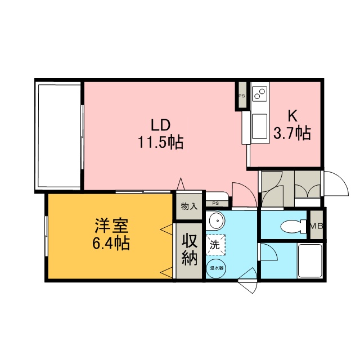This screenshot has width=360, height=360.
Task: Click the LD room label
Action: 160,125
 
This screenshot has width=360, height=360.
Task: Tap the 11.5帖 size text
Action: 160,142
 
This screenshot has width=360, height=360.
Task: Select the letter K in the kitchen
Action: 292,116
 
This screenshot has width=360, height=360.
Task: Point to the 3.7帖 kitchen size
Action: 292,133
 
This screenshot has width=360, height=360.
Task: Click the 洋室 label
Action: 112,226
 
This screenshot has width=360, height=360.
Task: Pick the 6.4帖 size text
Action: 111,243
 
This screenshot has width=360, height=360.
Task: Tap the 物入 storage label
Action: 189,206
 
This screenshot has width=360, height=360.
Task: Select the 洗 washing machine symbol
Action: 215,245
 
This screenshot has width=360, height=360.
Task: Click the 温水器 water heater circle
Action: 217,268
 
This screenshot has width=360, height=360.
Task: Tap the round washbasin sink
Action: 216,220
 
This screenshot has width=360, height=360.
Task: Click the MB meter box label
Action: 317,226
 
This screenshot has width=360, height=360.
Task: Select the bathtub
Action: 310,260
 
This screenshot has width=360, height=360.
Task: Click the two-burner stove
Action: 260,94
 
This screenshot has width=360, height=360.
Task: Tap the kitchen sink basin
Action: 260,127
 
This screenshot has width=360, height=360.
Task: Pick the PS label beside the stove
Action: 241,96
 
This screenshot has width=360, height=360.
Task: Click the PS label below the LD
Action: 215,203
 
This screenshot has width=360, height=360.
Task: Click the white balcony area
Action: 60,136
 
